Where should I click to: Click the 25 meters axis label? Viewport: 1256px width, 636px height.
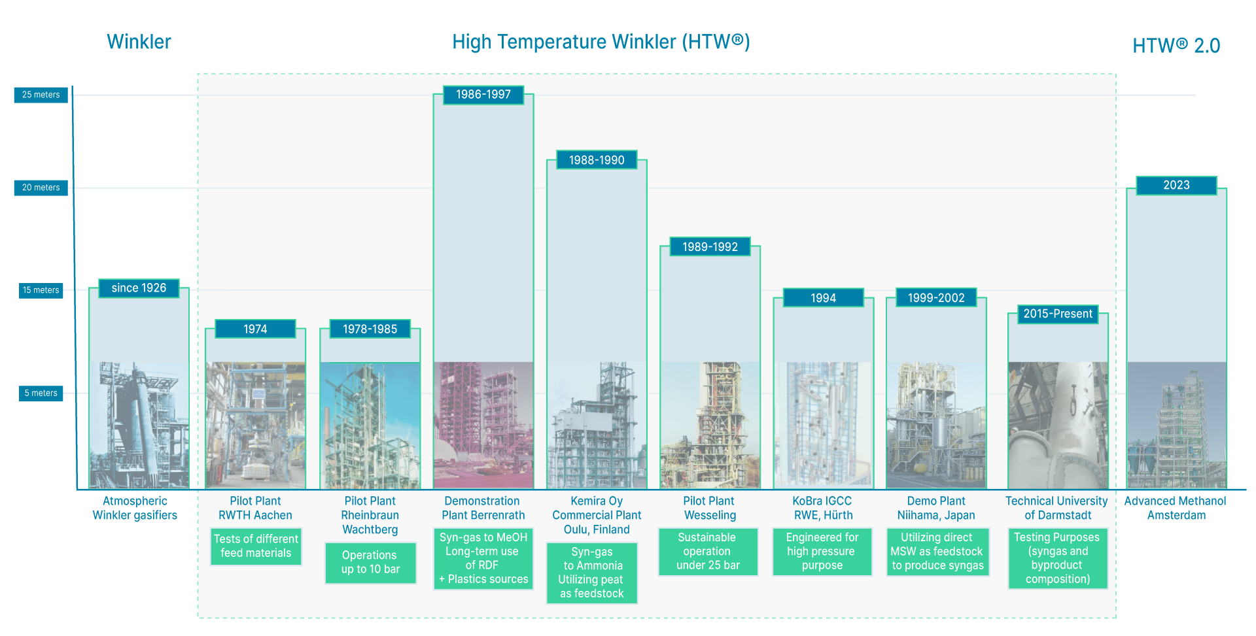click(x=41, y=95)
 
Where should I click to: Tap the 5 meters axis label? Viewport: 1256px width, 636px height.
click(x=41, y=393)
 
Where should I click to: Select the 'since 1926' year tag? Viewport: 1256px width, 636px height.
click(x=139, y=288)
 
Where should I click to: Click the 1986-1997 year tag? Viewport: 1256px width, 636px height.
click(x=483, y=95)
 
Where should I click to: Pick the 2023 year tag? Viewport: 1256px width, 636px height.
click(x=1176, y=186)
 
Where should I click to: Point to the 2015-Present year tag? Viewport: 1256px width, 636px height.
click(x=1058, y=314)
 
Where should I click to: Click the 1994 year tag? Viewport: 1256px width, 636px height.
click(x=824, y=298)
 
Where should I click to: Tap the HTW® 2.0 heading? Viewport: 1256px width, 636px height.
click(x=1176, y=46)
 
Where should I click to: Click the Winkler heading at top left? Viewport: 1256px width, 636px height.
click(x=139, y=42)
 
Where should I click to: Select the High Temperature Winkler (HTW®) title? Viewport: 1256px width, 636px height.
click(x=601, y=42)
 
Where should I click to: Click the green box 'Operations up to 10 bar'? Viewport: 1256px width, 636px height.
click(x=370, y=562)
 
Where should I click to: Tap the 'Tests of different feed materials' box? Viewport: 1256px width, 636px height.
click(x=256, y=546)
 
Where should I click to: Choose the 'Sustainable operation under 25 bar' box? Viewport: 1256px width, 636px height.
click(x=708, y=552)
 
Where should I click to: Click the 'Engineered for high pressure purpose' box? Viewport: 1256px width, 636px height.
click(x=822, y=552)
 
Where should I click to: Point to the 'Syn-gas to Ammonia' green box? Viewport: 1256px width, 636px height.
click(x=592, y=573)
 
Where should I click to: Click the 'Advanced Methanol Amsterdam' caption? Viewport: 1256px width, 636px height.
click(x=1176, y=508)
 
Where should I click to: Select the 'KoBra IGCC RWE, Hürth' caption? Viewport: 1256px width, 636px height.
click(x=823, y=508)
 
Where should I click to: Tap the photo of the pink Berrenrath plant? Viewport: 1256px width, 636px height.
click(x=483, y=425)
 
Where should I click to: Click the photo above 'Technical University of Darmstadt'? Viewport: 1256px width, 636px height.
click(x=1058, y=425)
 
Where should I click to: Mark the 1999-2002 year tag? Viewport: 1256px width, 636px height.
click(x=936, y=298)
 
